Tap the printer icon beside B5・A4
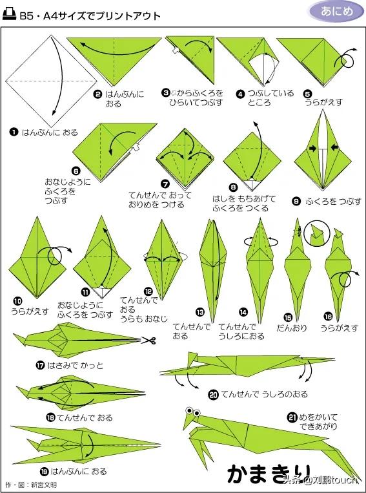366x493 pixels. click(x=9, y=15)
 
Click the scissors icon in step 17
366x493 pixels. click(x=148, y=341)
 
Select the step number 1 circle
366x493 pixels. click(x=14, y=132)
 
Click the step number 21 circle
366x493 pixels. click(x=292, y=418)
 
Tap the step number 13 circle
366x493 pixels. click(x=200, y=313)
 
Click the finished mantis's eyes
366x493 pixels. click(x=193, y=411)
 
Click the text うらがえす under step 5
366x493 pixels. click(x=323, y=102)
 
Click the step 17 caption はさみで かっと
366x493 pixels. click(x=75, y=365)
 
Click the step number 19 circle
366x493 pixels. click(x=45, y=471)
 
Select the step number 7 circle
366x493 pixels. click(x=165, y=184)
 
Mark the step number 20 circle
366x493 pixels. click(x=214, y=394)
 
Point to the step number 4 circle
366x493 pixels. click(x=241, y=94)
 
